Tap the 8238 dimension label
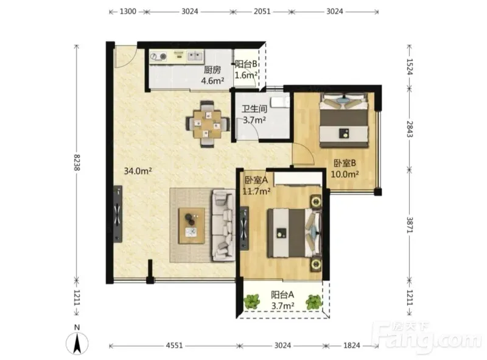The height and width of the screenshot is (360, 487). point(77,162)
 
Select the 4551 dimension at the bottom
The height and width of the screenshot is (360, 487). point(174,345)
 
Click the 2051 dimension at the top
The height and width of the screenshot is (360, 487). point(262,12)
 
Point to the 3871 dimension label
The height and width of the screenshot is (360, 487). point(410,225)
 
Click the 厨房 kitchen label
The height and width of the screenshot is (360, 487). point(212,70)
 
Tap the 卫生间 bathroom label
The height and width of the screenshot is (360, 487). point(254,109)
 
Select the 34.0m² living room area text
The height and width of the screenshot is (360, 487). point(138,171)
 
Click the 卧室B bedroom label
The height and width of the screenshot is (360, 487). point(345,163)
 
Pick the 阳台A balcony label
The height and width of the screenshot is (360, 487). point(282,294)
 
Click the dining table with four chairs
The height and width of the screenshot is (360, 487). point(207,124)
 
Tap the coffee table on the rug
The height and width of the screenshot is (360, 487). point(192,226)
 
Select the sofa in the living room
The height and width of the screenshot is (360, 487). point(223,226)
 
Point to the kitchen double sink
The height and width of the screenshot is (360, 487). point(195,56)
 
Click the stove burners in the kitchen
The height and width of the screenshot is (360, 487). point(158,57)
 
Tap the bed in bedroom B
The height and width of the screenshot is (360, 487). point(344,120)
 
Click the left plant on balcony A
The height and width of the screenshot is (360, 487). point(251,302)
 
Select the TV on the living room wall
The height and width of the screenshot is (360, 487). point(117,214)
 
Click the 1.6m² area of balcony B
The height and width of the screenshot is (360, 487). point(246,75)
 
